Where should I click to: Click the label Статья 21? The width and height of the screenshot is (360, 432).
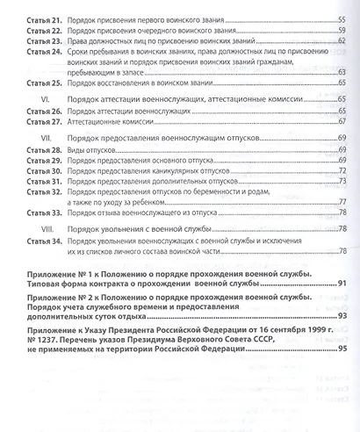tap(44, 18)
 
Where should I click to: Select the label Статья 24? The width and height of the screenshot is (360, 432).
tap(44, 52)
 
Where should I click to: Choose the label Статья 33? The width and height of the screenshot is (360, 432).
tap(44, 212)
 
